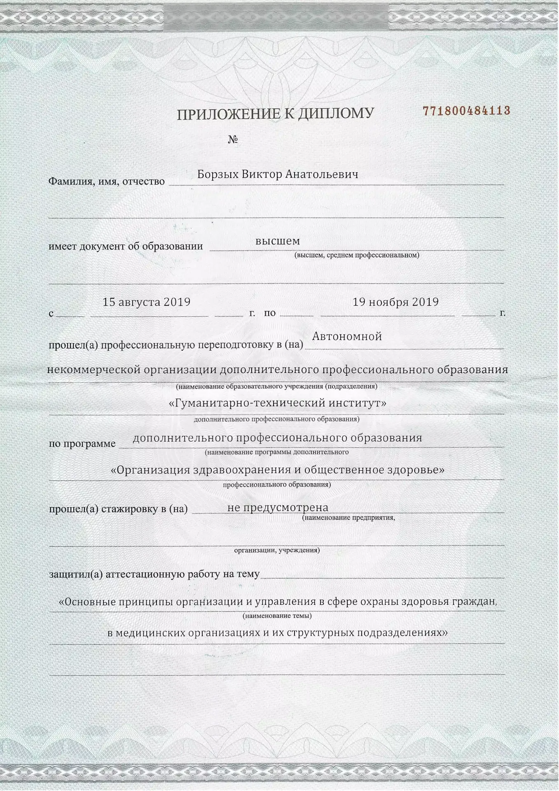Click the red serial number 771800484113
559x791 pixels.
(x=467, y=111)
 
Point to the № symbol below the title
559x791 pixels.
(x=233, y=140)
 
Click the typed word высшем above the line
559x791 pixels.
(x=277, y=241)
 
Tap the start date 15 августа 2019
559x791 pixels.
(x=146, y=302)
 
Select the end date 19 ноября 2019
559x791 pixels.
(x=395, y=302)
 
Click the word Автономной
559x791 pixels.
(x=347, y=337)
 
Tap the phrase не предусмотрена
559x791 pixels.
(x=278, y=508)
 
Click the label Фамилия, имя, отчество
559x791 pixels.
(x=107, y=181)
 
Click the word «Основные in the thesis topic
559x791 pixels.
(x=88, y=602)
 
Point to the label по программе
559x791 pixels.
(x=82, y=444)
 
